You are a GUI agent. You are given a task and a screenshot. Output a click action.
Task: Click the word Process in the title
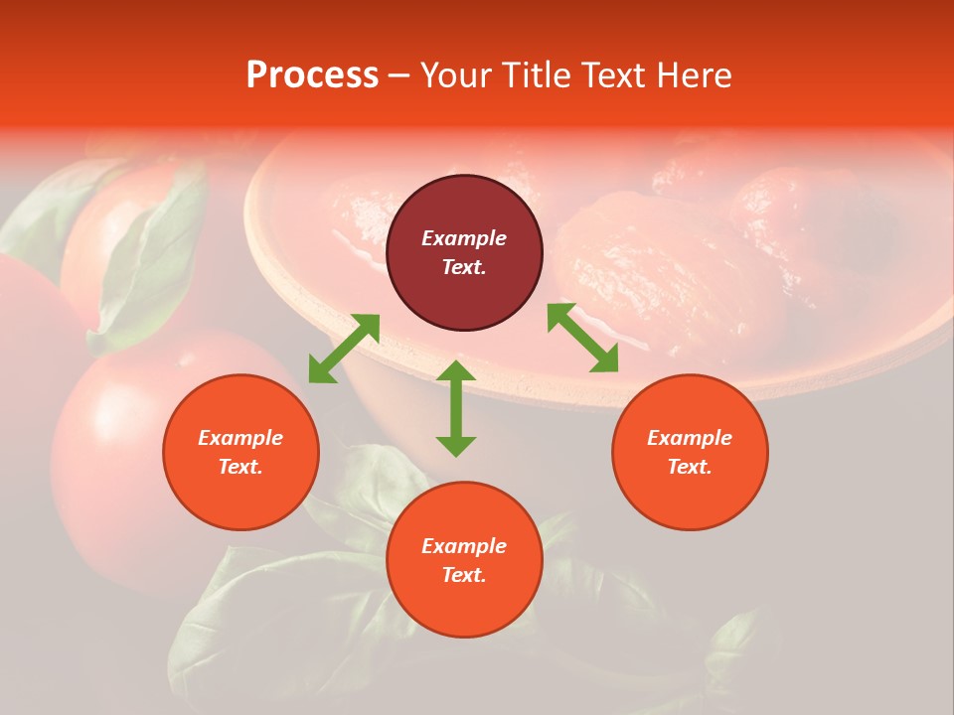[x=312, y=75]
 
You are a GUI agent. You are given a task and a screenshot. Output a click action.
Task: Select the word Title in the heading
[x=540, y=75]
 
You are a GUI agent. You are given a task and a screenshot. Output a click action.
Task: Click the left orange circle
[x=240, y=452]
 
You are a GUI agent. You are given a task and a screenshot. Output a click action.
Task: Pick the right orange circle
[x=690, y=452]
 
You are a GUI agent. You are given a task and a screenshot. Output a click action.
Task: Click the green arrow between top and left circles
[x=344, y=349]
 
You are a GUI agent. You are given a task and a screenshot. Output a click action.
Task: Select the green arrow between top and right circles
[x=582, y=338]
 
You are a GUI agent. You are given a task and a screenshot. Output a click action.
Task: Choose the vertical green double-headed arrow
[x=456, y=408]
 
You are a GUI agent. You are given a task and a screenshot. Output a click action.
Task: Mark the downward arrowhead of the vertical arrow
[x=456, y=444]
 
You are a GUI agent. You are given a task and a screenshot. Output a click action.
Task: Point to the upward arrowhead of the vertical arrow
[x=456, y=372]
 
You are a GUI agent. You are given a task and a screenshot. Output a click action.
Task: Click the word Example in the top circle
[x=464, y=238]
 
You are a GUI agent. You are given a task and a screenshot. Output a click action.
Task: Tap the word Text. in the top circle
[x=464, y=267]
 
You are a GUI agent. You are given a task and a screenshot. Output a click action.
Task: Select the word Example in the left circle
[x=240, y=438]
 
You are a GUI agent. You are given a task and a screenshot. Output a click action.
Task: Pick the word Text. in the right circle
[x=690, y=467]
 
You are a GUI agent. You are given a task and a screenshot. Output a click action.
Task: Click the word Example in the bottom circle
[x=464, y=546]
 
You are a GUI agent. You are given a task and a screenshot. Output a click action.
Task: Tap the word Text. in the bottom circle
[x=464, y=575]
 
